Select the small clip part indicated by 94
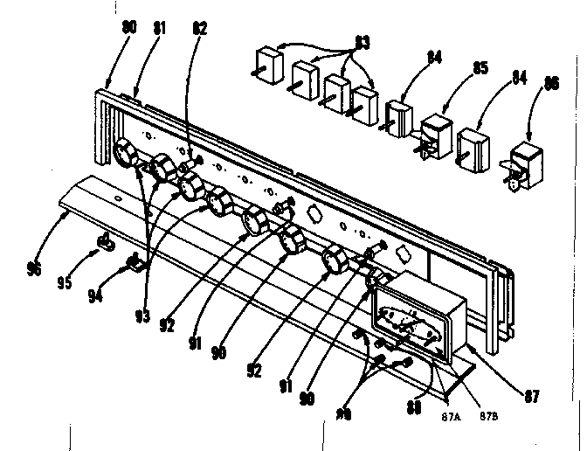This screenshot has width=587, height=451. click(135, 261)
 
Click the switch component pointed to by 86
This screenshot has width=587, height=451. click(524, 164)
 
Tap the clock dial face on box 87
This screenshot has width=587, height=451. click(411, 324)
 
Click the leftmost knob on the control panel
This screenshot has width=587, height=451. click(126, 156)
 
